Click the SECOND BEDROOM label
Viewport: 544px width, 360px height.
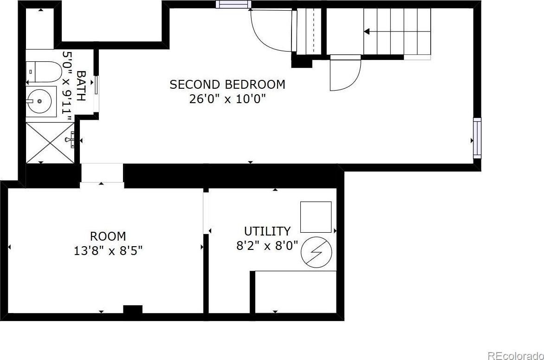pyautogui.click(x=227, y=85)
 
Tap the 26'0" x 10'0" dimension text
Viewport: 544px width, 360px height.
pyautogui.click(x=227, y=99)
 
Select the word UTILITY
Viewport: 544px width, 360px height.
pyautogui.click(x=267, y=231)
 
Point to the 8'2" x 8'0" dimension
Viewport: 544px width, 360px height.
pyautogui.click(x=267, y=246)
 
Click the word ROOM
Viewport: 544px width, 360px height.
pyautogui.click(x=108, y=236)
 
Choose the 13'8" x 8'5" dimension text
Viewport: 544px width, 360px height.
pyautogui.click(x=108, y=251)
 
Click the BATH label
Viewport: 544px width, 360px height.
pyautogui.click(x=81, y=86)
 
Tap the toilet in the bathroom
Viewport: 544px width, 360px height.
pyautogui.click(x=44, y=72)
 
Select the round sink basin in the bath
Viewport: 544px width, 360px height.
pyautogui.click(x=39, y=101)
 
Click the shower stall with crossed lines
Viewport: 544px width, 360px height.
pyautogui.click(x=50, y=142)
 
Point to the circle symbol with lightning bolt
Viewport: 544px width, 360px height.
pyautogui.click(x=316, y=252)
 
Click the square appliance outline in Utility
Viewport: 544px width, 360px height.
pyautogui.click(x=316, y=217)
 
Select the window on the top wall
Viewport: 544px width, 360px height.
pyautogui.click(x=233, y=4)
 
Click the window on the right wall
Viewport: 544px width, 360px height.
pyautogui.click(x=477, y=138)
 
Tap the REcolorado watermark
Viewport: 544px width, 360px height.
pyautogui.click(x=516, y=355)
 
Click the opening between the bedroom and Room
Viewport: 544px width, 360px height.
pyautogui.click(x=102, y=173)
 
